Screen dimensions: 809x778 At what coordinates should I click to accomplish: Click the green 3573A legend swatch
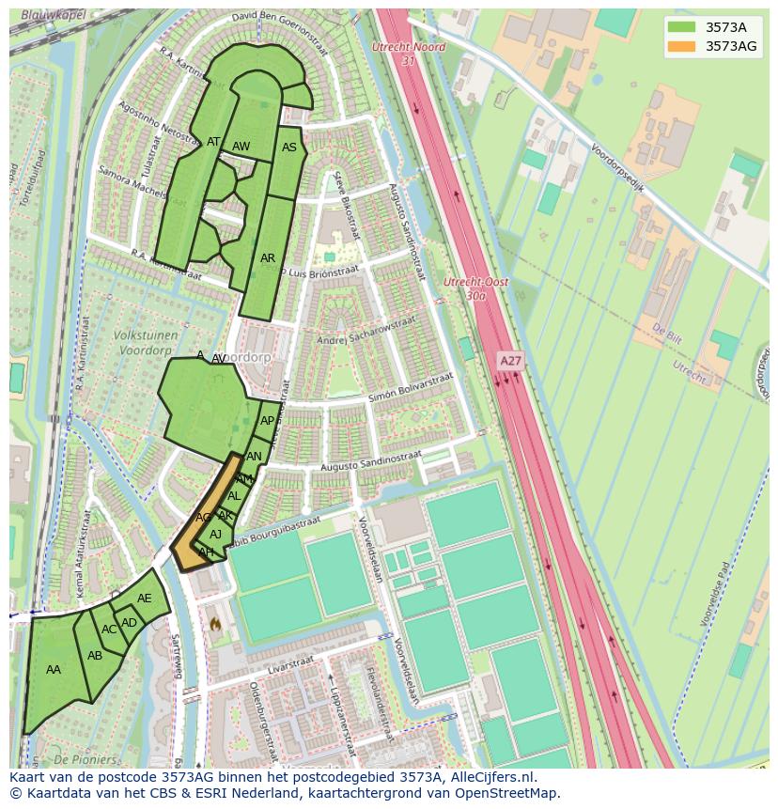681,26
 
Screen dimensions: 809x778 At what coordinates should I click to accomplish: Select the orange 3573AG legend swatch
681,46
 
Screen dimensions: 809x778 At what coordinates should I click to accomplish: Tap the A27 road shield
510,360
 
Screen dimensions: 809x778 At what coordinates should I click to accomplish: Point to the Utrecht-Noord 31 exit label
408,53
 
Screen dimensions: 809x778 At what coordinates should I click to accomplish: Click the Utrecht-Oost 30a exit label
475,288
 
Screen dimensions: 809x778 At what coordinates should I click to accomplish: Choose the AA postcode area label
54,670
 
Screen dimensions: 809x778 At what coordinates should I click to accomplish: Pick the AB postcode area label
95,656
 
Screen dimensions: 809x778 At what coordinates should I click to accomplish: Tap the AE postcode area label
144,599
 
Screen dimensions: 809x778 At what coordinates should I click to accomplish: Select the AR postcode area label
268,258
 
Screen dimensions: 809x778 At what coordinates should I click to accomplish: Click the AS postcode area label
289,148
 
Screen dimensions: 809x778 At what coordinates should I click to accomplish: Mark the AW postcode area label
241,147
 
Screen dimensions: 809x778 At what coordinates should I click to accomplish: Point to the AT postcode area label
213,143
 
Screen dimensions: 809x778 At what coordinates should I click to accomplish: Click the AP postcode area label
268,421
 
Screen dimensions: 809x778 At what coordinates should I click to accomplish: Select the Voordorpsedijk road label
617,166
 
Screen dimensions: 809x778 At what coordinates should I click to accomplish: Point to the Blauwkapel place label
53,16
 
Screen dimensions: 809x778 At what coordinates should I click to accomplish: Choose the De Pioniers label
85,759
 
